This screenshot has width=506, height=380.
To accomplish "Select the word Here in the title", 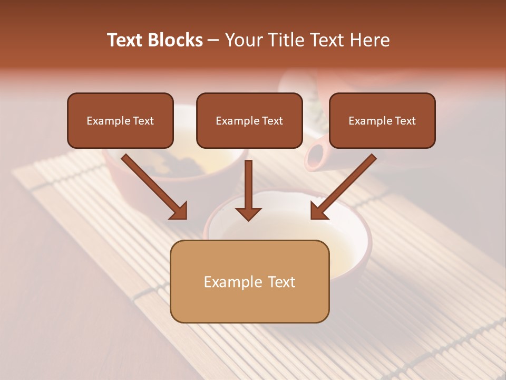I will pos(371,40).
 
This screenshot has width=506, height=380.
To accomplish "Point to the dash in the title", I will pos(213,41).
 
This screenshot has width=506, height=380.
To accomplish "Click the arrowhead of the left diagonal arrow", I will pos(179,211).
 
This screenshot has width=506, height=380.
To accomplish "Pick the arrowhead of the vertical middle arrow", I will pos(248,214).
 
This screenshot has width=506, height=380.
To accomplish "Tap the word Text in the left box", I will pos(143,121).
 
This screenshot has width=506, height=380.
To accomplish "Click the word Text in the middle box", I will pos(272,121).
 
